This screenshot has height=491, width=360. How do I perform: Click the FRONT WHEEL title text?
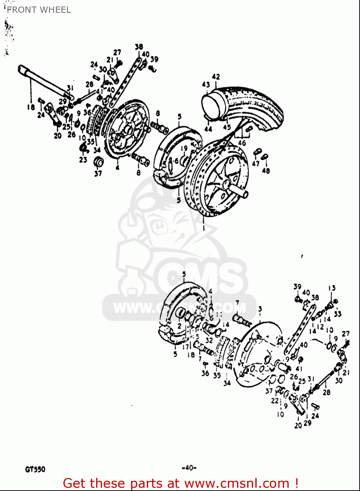[39, 10]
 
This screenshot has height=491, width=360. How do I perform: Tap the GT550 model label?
[35, 469]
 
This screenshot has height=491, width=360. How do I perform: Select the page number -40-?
[189, 468]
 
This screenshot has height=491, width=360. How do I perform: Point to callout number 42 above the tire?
[216, 77]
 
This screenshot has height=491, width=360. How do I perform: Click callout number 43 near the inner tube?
[206, 84]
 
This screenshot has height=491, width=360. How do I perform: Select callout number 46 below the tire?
[242, 143]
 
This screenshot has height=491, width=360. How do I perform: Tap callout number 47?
[256, 163]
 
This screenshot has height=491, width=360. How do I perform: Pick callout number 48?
[266, 170]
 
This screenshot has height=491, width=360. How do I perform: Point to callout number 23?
[83, 159]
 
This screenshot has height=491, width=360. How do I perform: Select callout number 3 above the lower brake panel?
[260, 309]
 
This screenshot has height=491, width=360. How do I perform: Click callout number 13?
[332, 288]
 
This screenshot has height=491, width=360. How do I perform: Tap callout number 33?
[337, 314]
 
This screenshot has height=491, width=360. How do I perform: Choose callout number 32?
[209, 340]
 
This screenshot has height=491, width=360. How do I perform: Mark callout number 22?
[275, 400]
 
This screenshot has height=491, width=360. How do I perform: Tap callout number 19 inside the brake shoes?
[184, 148]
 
